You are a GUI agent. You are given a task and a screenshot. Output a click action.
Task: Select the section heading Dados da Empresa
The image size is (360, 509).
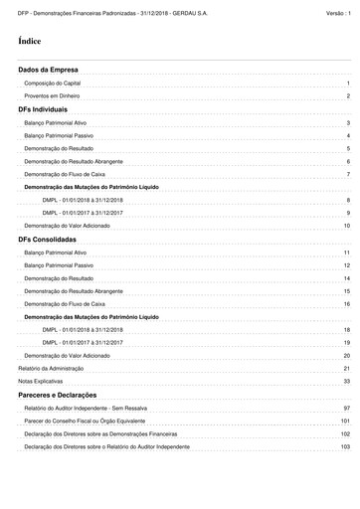49,71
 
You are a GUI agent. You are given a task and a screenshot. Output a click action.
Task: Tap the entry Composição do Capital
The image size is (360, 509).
53,84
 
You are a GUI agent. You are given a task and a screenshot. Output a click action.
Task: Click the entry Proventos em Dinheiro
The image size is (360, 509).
52,96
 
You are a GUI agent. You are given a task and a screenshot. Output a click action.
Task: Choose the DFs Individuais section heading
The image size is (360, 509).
43,109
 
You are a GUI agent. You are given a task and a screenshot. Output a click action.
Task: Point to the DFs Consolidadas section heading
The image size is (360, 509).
49,240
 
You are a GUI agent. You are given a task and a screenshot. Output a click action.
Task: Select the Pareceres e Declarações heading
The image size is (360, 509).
60,395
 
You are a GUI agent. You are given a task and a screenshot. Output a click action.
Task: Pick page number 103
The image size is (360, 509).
345,447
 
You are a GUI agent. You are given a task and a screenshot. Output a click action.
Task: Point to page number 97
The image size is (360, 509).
347,409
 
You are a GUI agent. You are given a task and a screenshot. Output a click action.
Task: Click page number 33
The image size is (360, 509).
347,382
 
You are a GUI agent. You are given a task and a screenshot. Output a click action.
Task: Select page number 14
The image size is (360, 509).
347,278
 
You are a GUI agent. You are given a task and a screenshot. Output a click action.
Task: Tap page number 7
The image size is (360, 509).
348,174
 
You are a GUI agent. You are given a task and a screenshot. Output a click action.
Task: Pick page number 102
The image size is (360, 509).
345,434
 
